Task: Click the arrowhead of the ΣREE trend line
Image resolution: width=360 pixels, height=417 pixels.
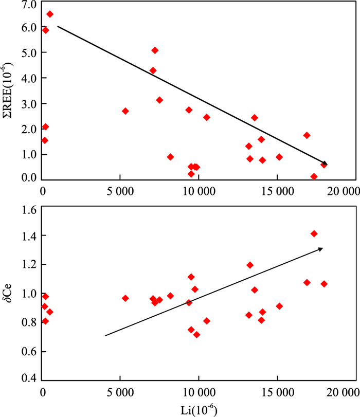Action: [x=325, y=164]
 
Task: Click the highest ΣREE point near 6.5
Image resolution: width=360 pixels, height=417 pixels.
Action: [x=50, y=14]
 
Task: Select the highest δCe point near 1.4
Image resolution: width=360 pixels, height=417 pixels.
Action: [x=314, y=233]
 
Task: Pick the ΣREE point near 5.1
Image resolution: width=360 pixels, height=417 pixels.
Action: [x=155, y=50]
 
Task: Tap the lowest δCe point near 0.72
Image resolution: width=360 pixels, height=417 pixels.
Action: [x=196, y=335]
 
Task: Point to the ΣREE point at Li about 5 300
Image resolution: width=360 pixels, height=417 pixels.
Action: [x=125, y=111]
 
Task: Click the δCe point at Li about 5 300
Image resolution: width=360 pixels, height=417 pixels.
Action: [x=125, y=298]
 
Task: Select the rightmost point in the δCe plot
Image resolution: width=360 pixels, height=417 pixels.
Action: [x=324, y=284]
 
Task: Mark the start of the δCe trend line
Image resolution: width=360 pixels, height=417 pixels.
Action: [x=105, y=336]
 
